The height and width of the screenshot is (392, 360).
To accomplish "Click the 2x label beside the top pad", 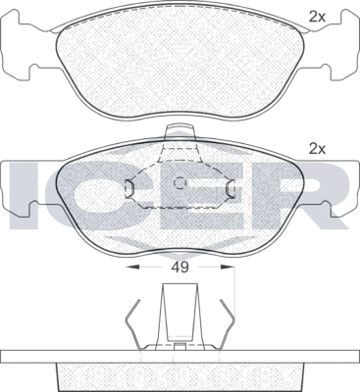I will pos(316,17).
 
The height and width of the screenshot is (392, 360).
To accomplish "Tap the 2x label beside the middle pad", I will pos(316,149).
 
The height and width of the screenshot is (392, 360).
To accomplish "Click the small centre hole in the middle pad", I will pos(179,182).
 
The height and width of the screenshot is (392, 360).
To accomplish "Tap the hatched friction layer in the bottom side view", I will pos(180,377).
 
